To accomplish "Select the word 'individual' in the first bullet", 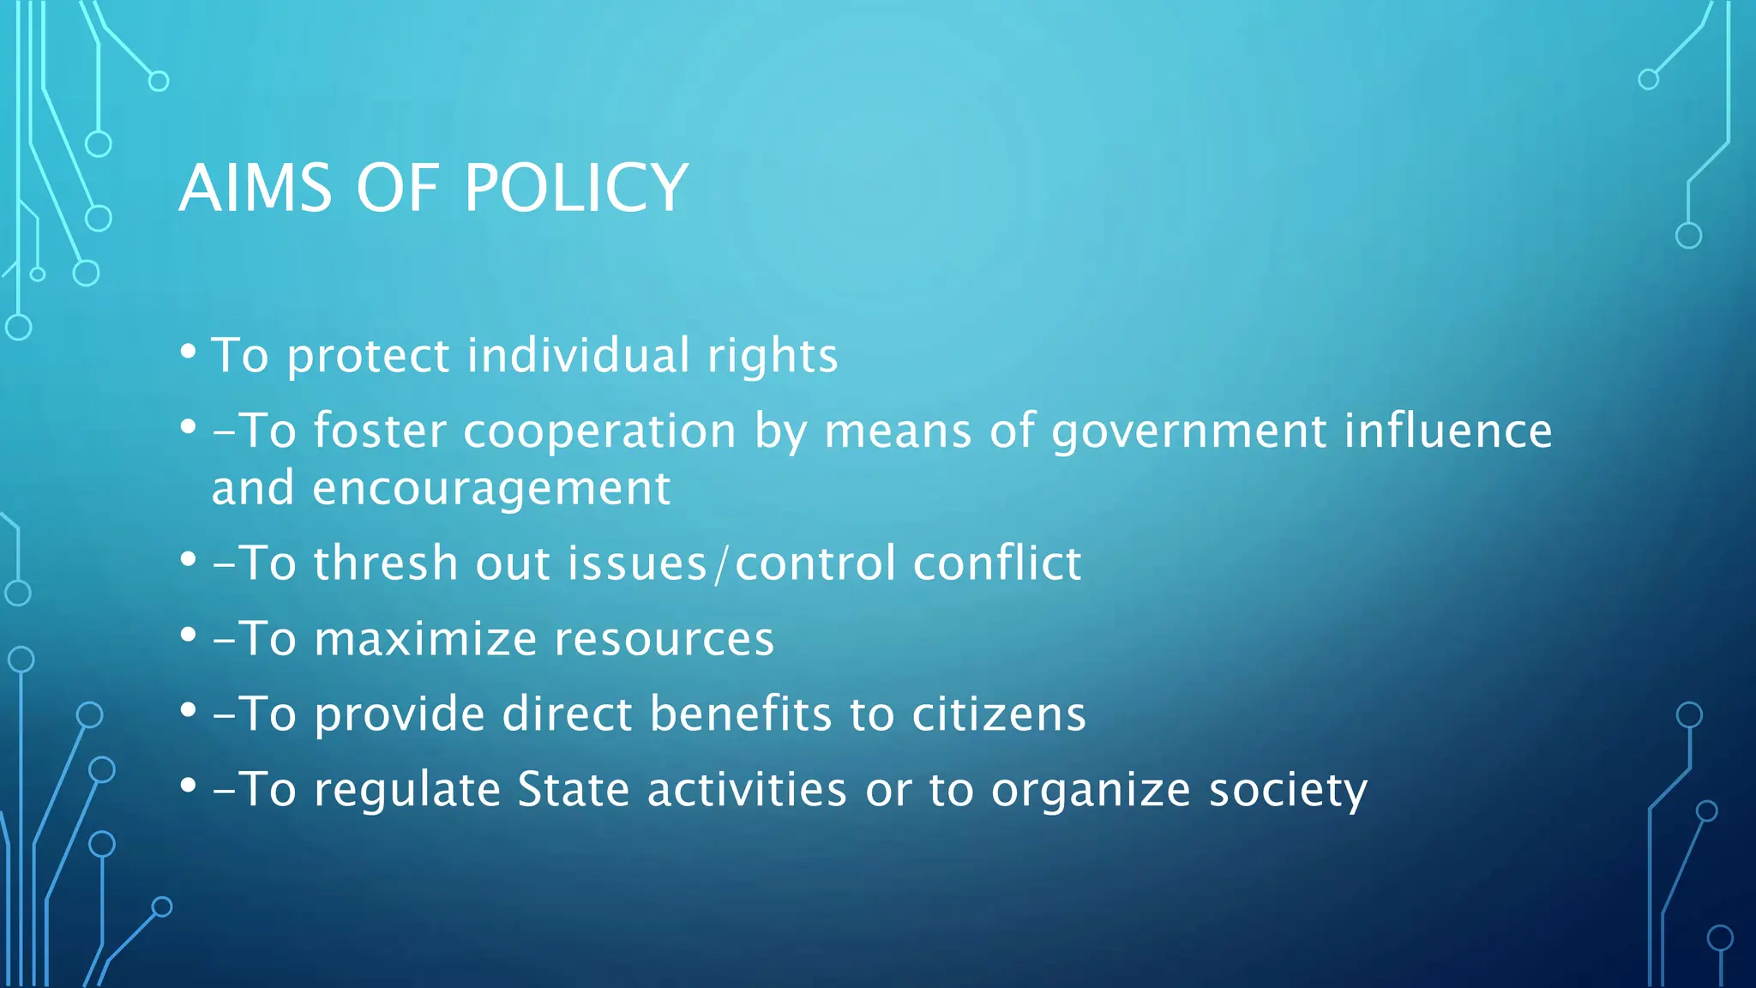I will click(578, 355).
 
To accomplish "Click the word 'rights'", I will click(772, 357).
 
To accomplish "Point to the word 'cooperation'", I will click(599, 431).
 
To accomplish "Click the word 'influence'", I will click(1447, 431).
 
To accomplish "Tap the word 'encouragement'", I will click(491, 490).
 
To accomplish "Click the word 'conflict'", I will click(996, 563).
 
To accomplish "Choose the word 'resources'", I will click(664, 640).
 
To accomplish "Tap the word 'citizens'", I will click(999, 714).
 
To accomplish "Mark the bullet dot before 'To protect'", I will click(189, 352).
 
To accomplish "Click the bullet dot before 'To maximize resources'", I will click(189, 636).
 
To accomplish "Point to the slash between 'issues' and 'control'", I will click(721, 565).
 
